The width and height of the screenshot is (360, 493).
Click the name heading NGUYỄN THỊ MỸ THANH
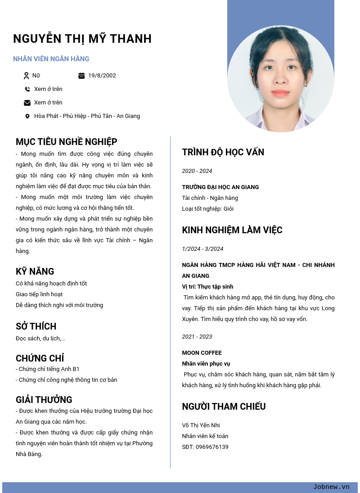[x=82, y=39]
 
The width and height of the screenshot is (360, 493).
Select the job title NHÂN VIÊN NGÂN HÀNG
[x=51, y=59]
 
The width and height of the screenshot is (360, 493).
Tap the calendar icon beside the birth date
[x=81, y=76]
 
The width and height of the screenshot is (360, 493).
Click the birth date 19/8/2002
[x=102, y=76]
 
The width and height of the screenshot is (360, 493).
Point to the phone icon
[x=27, y=89]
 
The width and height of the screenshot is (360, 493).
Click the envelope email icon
[x=27, y=103]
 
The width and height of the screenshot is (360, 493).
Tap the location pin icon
[x=27, y=116]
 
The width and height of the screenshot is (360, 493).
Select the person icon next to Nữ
[x=26, y=76]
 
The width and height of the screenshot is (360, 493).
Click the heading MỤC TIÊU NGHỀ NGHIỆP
[x=67, y=142]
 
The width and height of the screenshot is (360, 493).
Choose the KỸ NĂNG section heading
[x=35, y=271]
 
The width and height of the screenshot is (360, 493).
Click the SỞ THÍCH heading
[x=36, y=326]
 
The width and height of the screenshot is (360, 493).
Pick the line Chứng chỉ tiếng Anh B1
[x=49, y=369]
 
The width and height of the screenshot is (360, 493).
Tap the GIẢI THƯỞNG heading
[x=44, y=400]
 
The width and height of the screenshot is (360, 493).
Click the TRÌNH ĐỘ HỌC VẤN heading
[x=223, y=152]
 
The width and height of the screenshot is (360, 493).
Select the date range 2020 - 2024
[x=197, y=171]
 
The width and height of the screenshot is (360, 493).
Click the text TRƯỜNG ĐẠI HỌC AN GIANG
[x=220, y=187]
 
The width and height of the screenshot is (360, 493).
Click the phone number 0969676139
[x=212, y=447]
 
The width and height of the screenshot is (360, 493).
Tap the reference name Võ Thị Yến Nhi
[x=201, y=425]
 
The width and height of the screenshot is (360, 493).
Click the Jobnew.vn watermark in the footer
[x=331, y=487]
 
